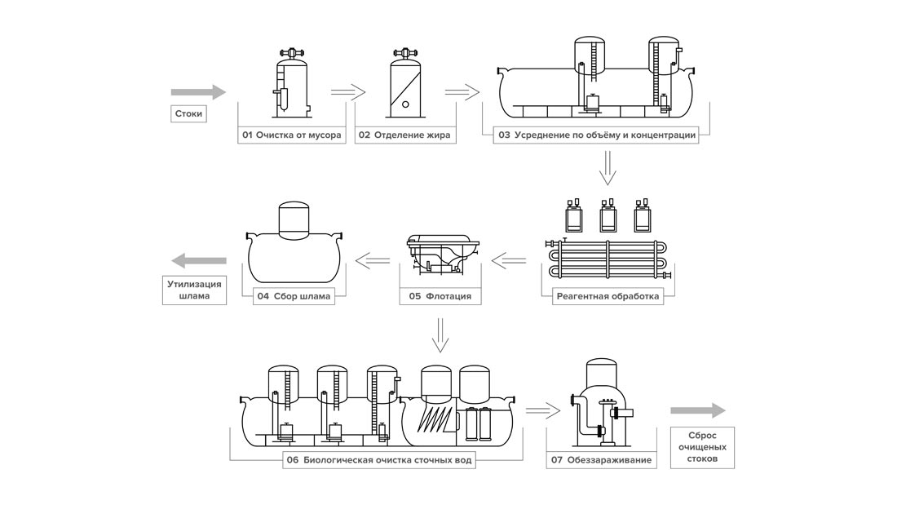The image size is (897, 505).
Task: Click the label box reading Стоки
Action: (x=188, y=114)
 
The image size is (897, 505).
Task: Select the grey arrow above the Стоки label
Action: (x=198, y=91)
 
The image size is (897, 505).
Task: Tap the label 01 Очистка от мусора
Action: (x=292, y=135)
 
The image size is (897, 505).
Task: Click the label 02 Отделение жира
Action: (x=405, y=135)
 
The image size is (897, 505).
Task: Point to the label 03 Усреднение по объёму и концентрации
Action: (x=596, y=135)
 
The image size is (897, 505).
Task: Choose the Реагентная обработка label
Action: (x=608, y=297)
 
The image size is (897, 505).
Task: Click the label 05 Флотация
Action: (x=440, y=297)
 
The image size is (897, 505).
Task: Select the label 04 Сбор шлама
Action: (x=294, y=297)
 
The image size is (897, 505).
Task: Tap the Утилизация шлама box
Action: (x=195, y=290)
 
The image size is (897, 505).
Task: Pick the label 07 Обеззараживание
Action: (x=601, y=460)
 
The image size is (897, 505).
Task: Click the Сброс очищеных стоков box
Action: (x=702, y=447)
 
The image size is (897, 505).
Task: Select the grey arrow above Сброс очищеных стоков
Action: (x=698, y=410)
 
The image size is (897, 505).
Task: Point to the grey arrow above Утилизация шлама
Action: (x=199, y=261)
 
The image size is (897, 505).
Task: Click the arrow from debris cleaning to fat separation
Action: (x=348, y=91)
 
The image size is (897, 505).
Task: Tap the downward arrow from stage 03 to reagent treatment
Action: (x=608, y=168)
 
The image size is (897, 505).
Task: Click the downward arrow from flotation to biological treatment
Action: (x=440, y=335)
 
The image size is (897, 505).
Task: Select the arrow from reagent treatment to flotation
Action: (x=509, y=261)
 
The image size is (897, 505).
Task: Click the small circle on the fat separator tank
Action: (x=405, y=104)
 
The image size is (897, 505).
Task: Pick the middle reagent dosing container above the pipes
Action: (x=608, y=215)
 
